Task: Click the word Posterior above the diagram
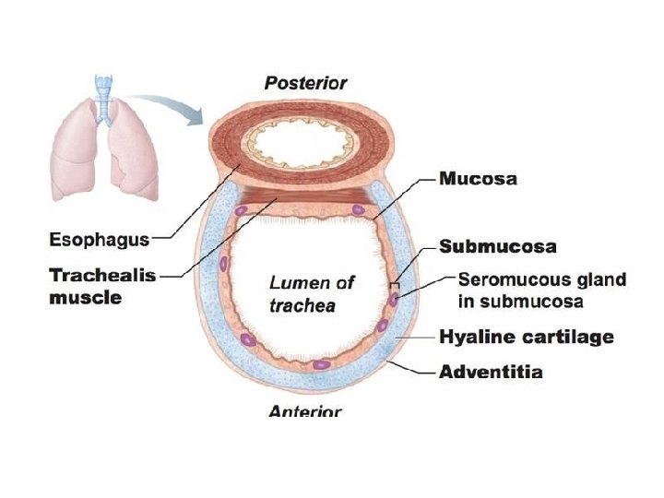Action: tap(305, 83)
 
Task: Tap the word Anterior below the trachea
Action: tap(305, 411)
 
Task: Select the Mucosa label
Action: tap(478, 179)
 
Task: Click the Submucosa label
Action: tap(497, 246)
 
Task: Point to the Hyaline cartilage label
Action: tap(526, 337)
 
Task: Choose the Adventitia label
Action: tap(490, 373)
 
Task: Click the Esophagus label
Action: tap(99, 240)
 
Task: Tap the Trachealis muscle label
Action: tap(102, 285)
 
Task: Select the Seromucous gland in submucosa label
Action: tap(541, 290)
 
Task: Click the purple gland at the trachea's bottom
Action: tap(320, 364)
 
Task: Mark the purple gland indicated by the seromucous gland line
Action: tap(394, 298)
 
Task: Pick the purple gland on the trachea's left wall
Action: tap(224, 265)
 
